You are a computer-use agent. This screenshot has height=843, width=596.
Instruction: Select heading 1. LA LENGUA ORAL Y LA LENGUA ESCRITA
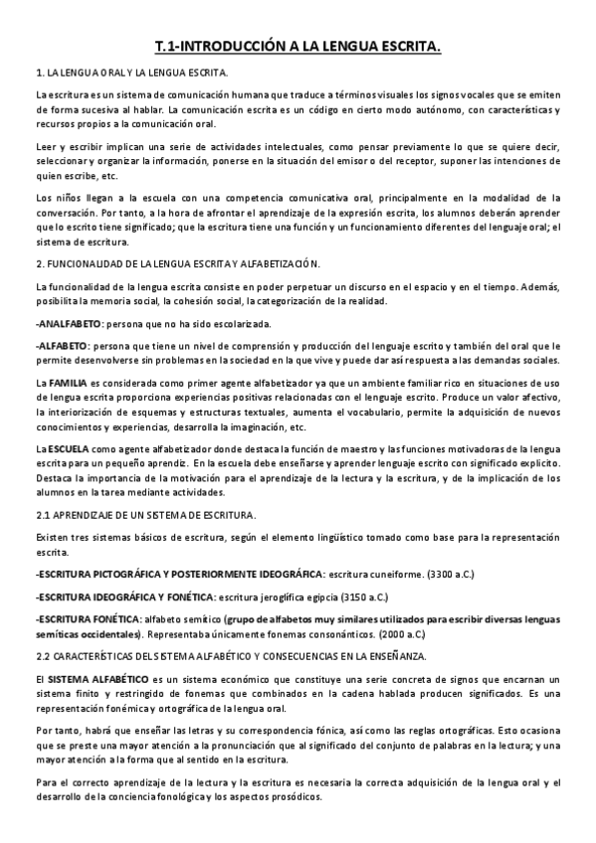tap(130, 74)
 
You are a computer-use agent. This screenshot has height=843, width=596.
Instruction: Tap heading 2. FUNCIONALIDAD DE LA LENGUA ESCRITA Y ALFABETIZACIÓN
tap(178, 263)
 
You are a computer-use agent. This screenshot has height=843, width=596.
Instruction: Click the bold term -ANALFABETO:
tap(69, 324)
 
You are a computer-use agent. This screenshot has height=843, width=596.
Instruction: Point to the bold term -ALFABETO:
tap(62, 344)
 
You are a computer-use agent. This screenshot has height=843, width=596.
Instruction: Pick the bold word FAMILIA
tap(68, 383)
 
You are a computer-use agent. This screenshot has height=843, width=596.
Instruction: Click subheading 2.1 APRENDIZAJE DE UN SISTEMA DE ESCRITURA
tap(145, 516)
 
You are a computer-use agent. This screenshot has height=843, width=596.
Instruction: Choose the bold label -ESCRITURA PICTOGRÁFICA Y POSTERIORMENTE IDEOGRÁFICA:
tap(180, 575)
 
